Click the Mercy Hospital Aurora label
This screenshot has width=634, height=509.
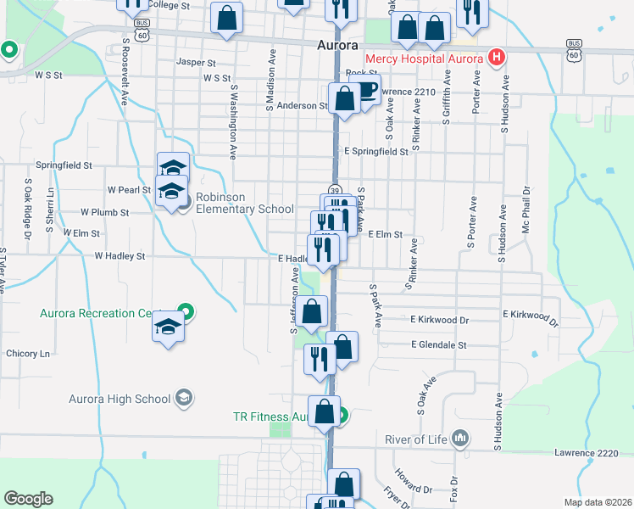coord(424,58)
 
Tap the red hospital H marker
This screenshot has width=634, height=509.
coord(497,58)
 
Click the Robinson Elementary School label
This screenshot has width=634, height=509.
coord(244,203)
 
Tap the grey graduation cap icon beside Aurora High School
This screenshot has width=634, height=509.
coord(183,398)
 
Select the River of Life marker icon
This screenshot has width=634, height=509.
coord(460,439)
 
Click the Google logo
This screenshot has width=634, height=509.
coord(28,498)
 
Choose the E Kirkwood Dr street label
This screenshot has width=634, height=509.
coord(439,320)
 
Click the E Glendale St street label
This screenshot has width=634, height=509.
coord(438,345)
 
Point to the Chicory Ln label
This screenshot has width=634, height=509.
coord(29,353)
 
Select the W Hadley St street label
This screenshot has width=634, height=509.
coord(120,255)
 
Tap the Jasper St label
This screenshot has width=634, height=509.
coord(197,62)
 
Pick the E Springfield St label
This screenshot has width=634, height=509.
coord(375,151)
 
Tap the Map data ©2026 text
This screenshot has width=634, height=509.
coord(603,502)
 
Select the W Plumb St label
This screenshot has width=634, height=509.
coord(104,212)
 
